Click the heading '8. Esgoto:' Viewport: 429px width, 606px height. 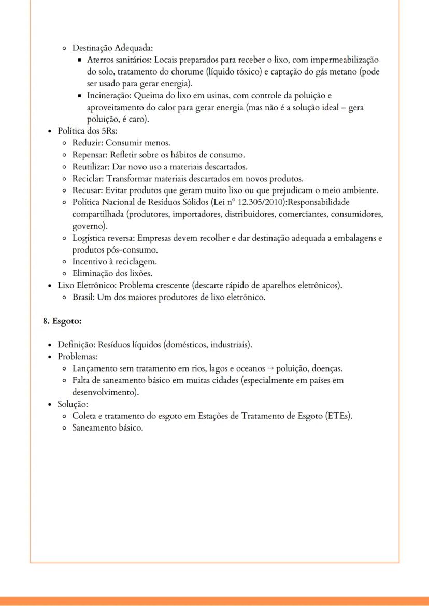coord(62,321)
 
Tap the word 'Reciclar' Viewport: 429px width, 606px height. coord(88,178)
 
